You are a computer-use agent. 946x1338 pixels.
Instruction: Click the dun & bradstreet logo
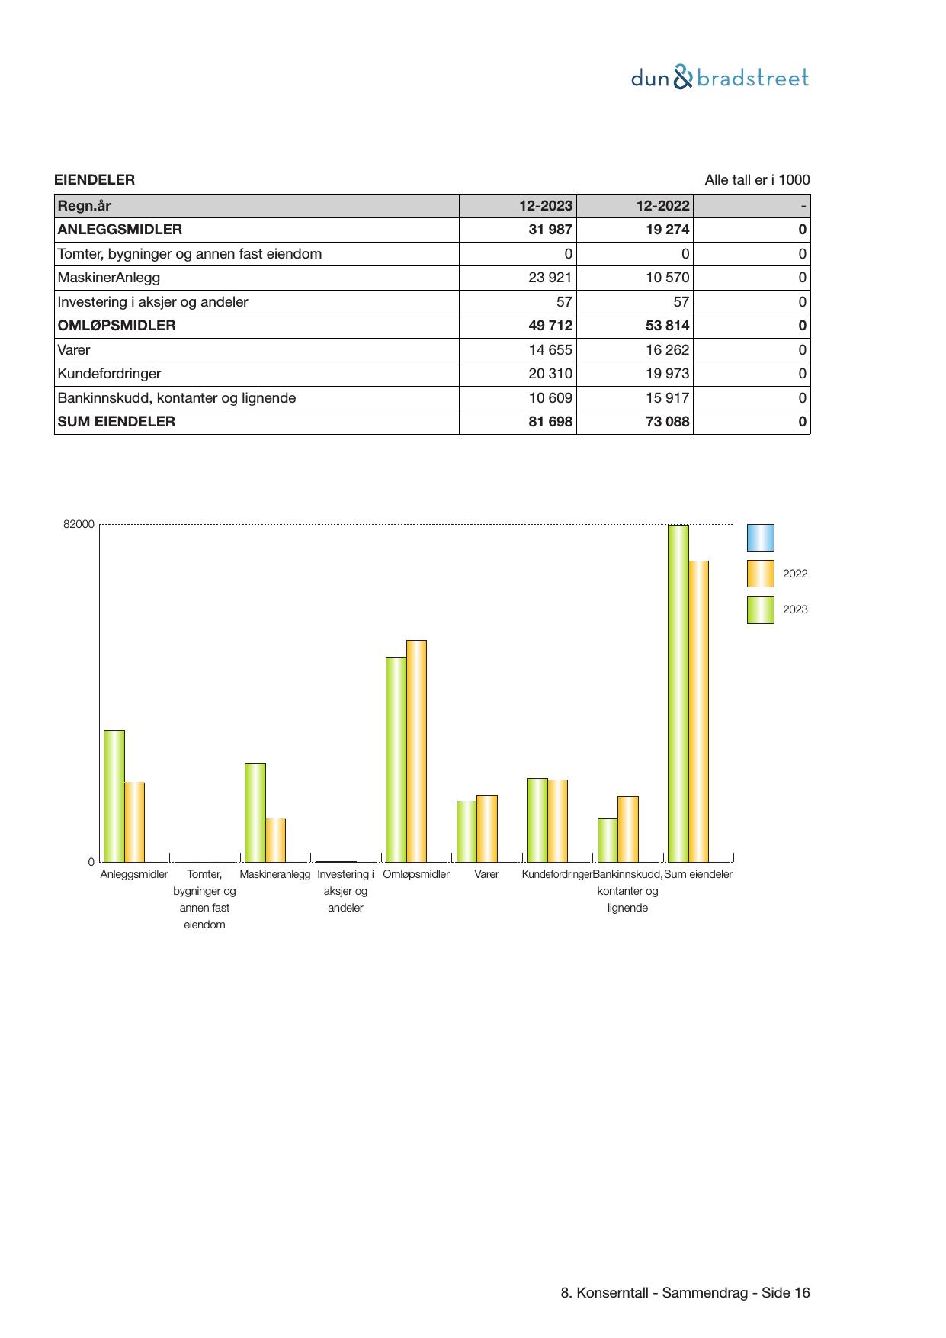[720, 78]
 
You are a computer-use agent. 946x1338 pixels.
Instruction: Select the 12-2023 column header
[546, 205]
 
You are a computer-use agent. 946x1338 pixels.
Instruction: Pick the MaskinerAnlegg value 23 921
[550, 278]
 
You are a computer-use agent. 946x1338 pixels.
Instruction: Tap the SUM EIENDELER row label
[117, 422]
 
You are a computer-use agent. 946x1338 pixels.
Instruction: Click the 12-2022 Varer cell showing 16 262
[667, 350]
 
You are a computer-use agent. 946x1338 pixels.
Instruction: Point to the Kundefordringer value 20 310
[550, 374]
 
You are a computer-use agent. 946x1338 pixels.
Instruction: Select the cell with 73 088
[667, 422]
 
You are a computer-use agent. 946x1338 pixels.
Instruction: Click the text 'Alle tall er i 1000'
[757, 180]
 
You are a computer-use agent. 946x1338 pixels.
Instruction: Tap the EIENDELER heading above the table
[95, 180]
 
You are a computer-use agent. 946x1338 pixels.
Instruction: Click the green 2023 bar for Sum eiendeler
[678, 693]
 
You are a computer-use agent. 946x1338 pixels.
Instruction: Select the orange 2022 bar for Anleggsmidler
[135, 822]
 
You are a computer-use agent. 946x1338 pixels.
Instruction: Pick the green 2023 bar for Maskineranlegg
[255, 812]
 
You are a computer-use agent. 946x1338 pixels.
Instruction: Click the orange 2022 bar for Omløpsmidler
[416, 751]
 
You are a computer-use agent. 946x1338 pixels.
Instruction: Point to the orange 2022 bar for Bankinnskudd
[628, 828]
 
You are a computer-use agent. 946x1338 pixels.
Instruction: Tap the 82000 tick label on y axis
[79, 524]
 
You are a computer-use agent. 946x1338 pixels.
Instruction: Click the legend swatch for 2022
[760, 574]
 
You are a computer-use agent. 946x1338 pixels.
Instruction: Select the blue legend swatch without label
[760, 538]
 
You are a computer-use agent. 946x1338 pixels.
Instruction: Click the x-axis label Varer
[486, 874]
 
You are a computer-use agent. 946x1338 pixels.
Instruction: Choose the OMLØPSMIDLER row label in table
[117, 326]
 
